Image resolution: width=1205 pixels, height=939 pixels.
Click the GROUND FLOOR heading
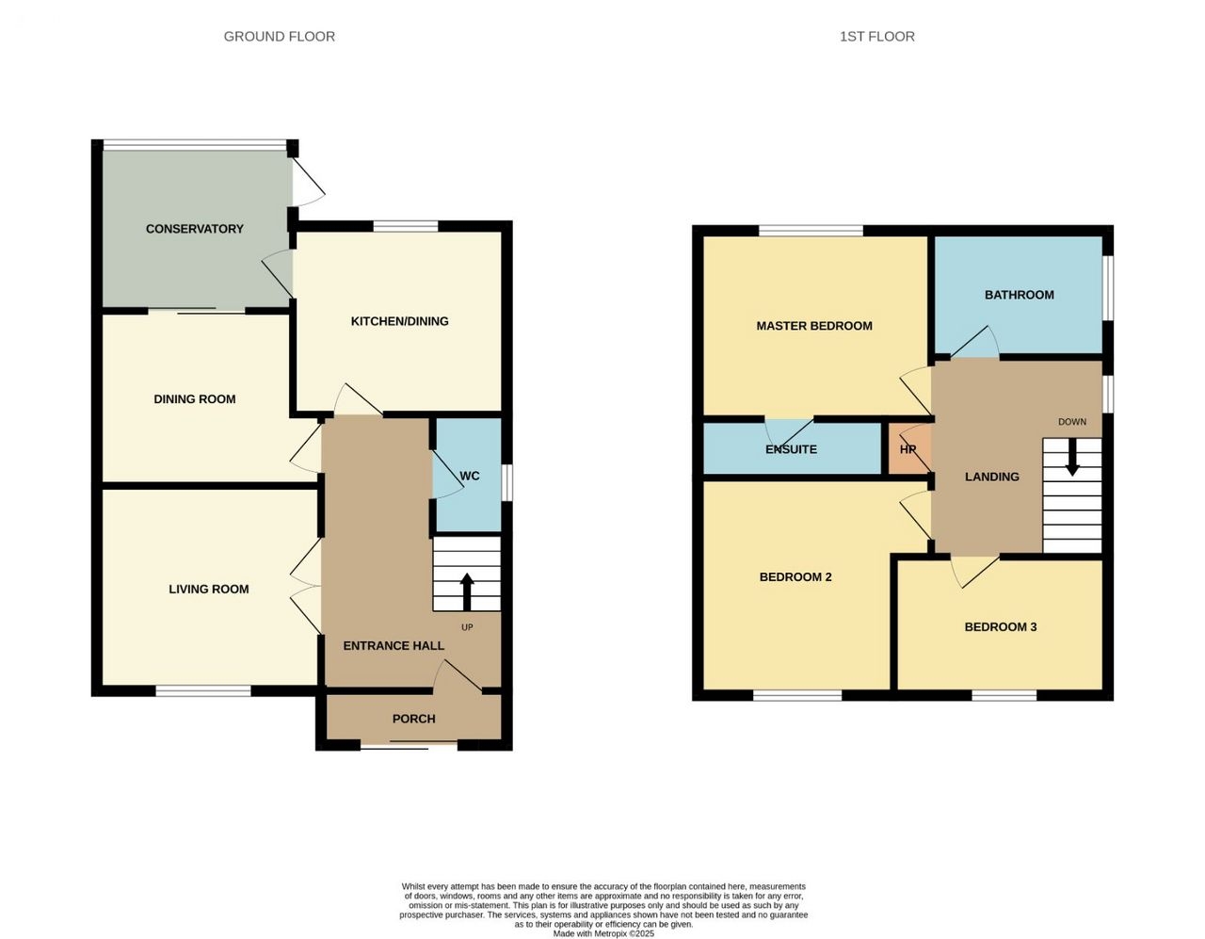(279, 37)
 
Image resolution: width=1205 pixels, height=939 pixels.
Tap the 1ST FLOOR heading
(876, 37)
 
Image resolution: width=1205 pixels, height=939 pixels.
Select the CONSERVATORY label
(195, 229)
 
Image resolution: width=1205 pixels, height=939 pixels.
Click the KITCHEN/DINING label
(400, 321)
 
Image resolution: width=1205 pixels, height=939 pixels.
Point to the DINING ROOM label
(195, 398)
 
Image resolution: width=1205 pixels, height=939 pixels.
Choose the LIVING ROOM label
(209, 589)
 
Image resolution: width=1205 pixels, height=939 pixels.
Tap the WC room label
(470, 476)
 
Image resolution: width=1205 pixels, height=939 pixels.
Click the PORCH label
(413, 719)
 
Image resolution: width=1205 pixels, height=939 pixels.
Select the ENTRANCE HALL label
(394, 645)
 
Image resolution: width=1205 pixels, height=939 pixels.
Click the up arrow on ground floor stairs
(467, 591)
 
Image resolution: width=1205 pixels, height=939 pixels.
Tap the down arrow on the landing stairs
(1072, 458)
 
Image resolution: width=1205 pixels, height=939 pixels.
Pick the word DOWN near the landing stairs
(1072, 422)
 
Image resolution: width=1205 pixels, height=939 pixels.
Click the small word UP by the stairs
(467, 627)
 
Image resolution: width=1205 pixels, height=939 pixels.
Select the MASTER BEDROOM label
(814, 326)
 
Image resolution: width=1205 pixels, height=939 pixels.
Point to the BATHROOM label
(1020, 295)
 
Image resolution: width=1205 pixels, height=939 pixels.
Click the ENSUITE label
(792, 449)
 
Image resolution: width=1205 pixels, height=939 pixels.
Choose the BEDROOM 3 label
(1001, 626)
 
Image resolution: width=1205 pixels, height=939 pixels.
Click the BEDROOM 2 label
(795, 576)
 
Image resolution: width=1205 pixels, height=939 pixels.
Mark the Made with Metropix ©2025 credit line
(603, 933)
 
